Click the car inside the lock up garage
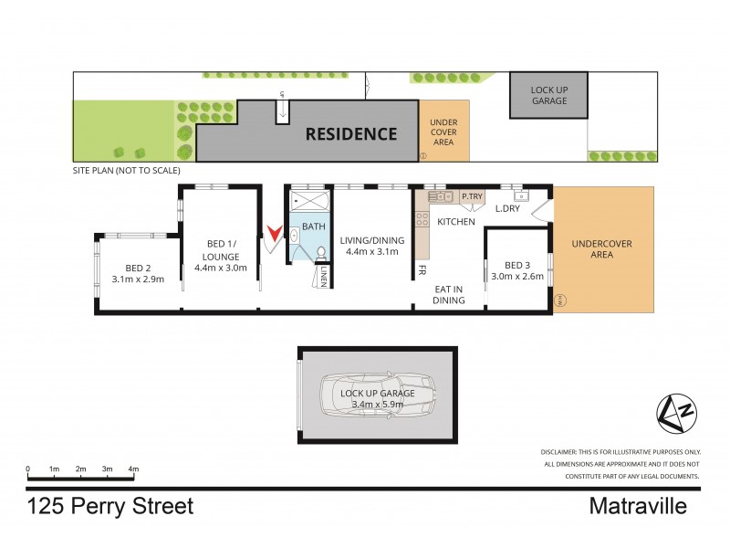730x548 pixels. tap(376, 395)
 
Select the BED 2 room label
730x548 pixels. tap(138, 273)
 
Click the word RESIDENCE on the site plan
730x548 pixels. tap(350, 134)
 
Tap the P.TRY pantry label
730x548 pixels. tap(472, 196)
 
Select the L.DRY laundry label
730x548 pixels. tap(506, 209)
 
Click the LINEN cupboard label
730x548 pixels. tap(323, 276)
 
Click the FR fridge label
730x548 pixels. tap(422, 271)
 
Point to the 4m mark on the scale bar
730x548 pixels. tap(133, 469)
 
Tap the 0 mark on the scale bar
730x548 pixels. tap(27, 469)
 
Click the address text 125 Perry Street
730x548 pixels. tap(109, 506)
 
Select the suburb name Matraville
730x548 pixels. tap(638, 506)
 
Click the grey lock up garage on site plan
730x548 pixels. tap(547, 95)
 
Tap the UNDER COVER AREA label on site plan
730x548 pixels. tap(443, 132)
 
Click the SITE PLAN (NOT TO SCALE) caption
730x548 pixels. tap(127, 171)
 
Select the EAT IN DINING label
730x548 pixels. tap(448, 294)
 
